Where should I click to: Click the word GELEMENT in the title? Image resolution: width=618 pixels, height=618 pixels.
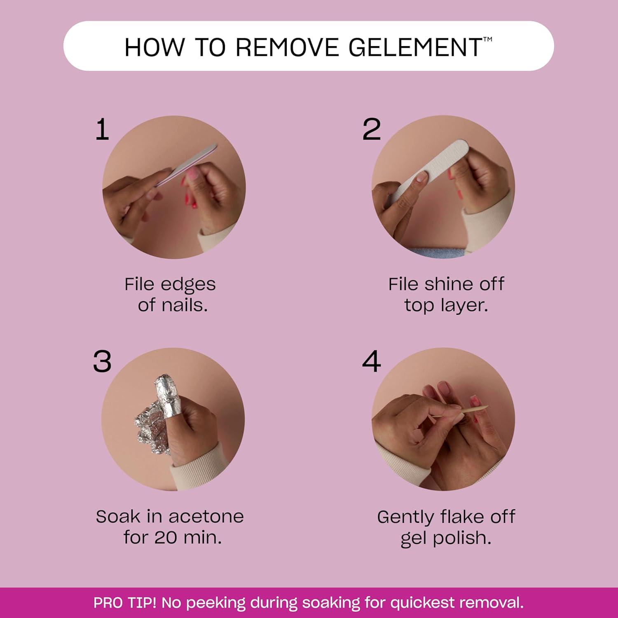(415, 47)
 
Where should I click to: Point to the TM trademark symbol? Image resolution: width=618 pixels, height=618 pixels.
(487, 40)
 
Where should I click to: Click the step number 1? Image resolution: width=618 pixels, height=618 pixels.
(102, 129)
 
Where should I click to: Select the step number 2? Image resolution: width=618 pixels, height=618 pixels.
(372, 129)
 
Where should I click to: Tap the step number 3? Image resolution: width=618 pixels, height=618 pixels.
(102, 362)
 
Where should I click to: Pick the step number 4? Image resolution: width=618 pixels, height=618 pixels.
(372, 362)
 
